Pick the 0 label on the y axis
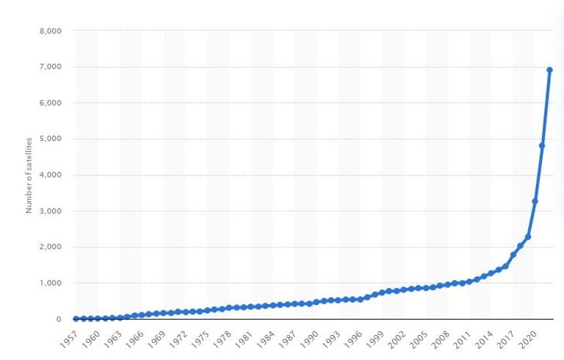[57, 319]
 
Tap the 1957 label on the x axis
[68, 338]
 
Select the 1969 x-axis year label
[157, 338]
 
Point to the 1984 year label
[268, 338]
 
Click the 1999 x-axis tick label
[379, 338]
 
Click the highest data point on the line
[549, 70]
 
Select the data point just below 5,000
[542, 145]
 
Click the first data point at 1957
[76, 319]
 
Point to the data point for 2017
[513, 255]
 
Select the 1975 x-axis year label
[201, 338]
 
